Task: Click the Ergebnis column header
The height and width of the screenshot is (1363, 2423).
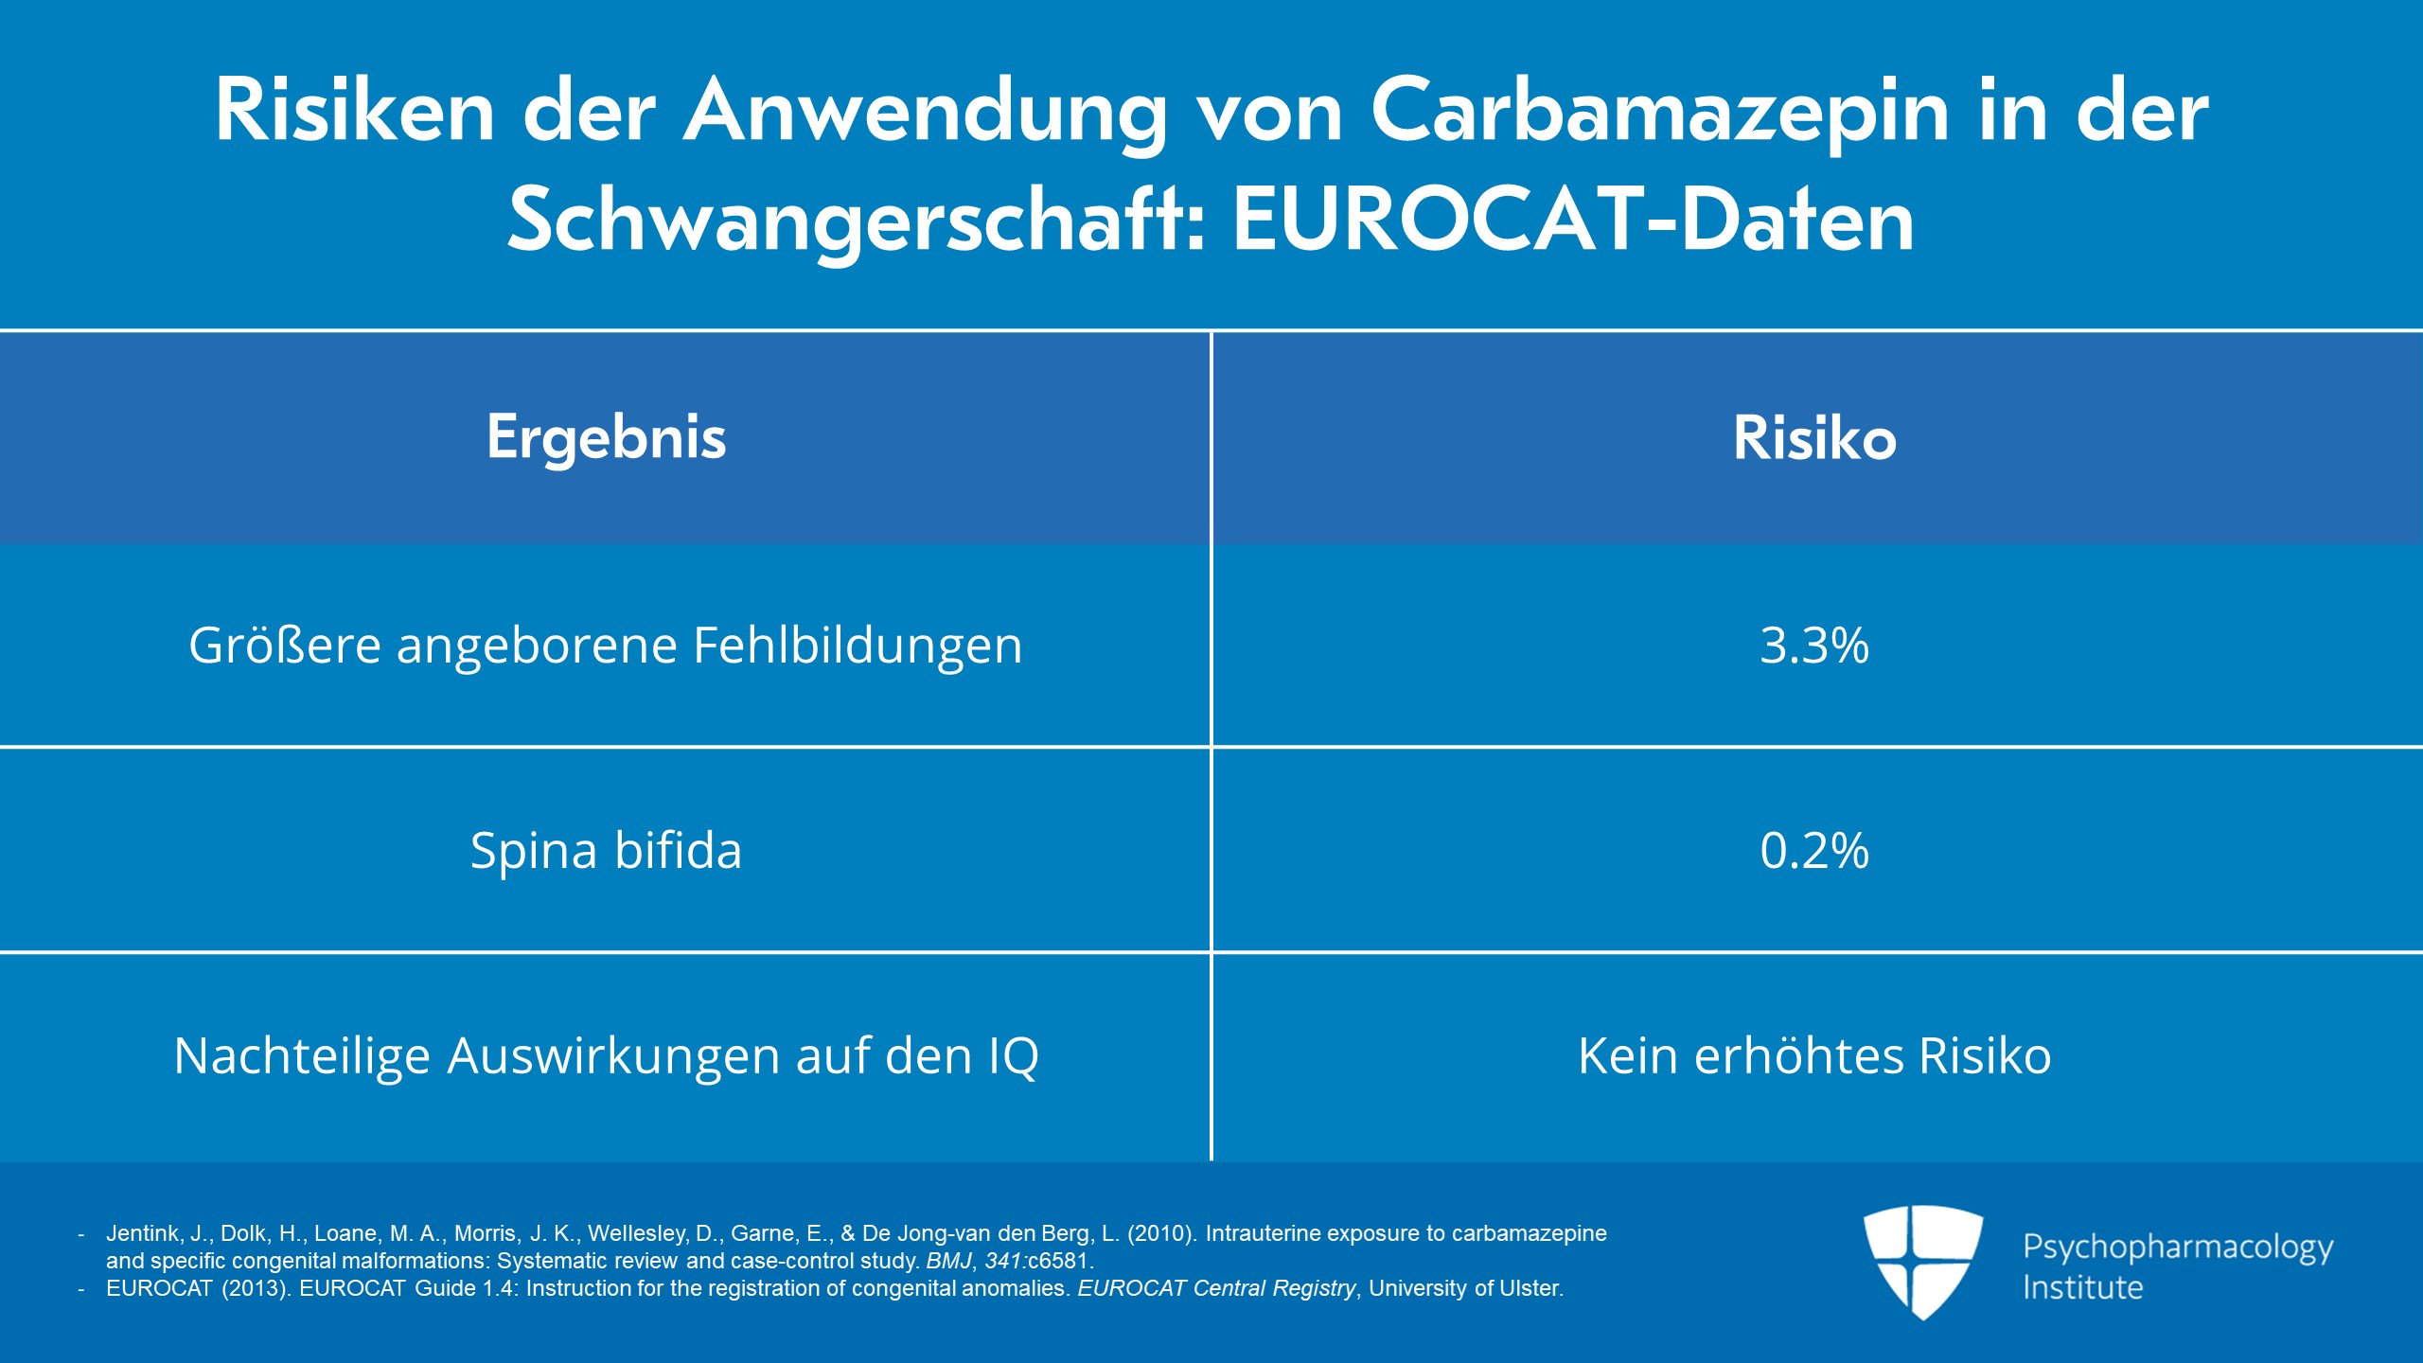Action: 607,438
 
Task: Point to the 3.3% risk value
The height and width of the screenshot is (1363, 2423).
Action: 1814,646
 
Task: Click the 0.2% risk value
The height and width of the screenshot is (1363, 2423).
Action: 1814,851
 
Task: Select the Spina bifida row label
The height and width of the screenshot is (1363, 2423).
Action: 606,851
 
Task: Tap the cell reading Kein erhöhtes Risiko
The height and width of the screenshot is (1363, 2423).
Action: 1814,1056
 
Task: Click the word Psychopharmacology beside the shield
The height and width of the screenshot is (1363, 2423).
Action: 2178,1248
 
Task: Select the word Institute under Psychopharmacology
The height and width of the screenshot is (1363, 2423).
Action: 2082,1287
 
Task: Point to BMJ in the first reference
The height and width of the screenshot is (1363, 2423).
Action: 948,1262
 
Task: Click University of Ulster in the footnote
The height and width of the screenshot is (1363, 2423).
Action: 1465,1289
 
